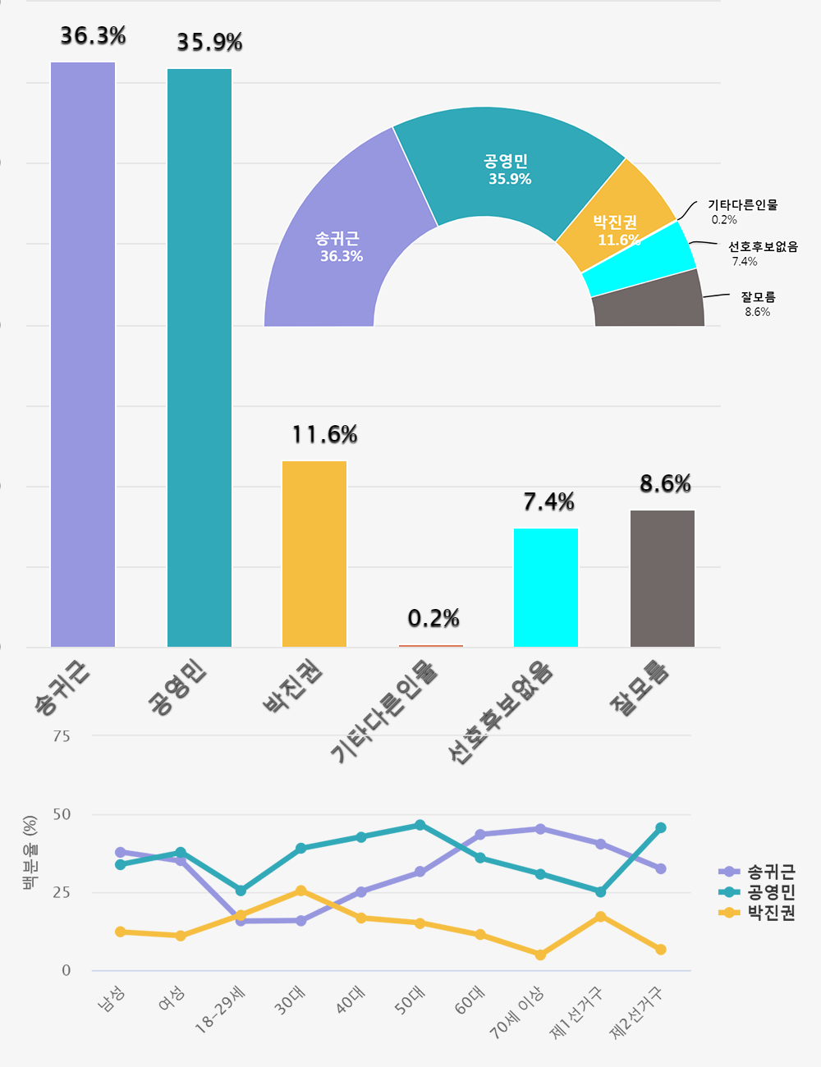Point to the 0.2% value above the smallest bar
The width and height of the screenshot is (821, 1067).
click(433, 618)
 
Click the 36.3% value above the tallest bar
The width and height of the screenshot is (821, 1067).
click(94, 36)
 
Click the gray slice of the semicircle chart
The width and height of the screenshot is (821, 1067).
click(649, 304)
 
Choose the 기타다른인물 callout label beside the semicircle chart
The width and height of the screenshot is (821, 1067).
click(742, 205)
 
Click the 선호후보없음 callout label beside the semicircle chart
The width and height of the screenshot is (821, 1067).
click(763, 246)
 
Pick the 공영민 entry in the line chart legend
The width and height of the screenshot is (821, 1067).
click(770, 892)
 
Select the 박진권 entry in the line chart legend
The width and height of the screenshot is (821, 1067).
click(770, 913)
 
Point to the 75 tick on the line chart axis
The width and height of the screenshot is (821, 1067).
click(62, 736)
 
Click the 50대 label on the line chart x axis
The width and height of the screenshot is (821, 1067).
click(410, 1001)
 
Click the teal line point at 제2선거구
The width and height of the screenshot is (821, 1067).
click(661, 828)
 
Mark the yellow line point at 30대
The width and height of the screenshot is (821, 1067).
click(301, 891)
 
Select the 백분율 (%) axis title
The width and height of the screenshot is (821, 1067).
click(30, 854)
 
